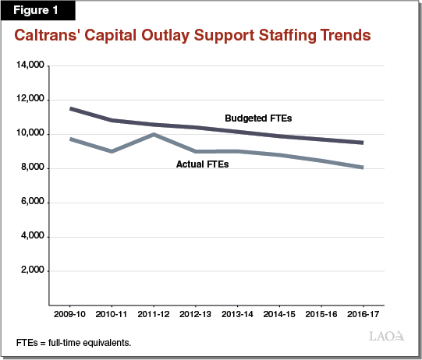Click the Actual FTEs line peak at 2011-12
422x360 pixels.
click(154, 134)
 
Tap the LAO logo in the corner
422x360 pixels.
click(386, 337)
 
